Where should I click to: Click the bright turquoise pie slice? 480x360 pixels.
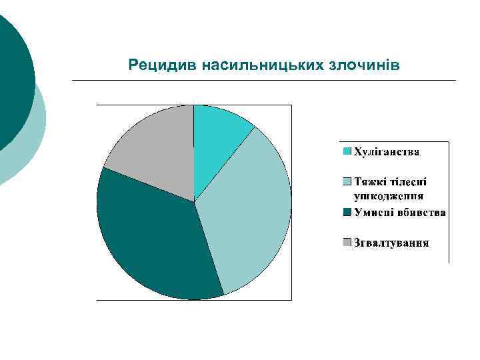[x=217, y=140]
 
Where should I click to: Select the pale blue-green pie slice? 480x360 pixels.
[x=250, y=213]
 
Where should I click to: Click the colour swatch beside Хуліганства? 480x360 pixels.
[x=347, y=152]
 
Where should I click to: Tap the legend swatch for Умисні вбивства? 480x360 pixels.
[x=347, y=213]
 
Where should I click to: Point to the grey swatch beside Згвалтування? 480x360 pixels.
[x=347, y=242]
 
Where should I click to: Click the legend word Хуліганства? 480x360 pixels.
[x=386, y=152]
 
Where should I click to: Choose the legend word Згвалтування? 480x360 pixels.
[x=391, y=242]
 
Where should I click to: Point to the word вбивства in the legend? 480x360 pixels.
[x=423, y=213]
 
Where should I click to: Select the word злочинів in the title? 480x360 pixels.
[x=363, y=65]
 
